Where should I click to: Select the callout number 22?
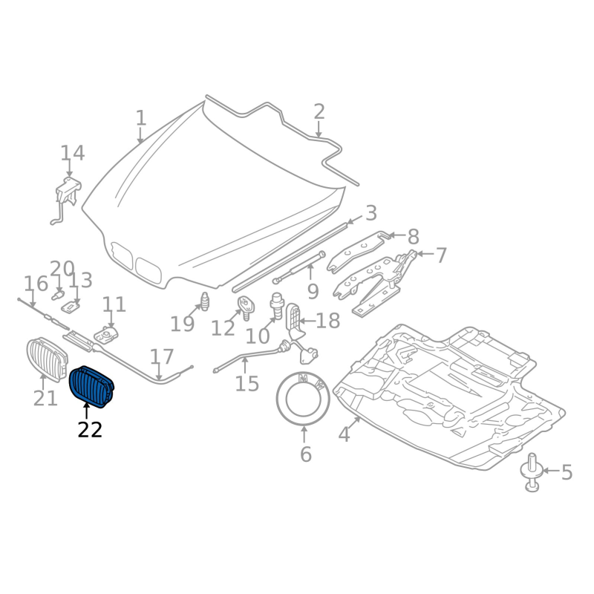coord(90,429)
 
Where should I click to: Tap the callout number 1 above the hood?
coord(141,118)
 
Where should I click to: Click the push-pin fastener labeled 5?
coord(532,475)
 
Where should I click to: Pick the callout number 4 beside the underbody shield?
coord(343,434)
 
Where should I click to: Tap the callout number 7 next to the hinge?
coord(441,256)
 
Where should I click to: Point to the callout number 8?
coord(413,237)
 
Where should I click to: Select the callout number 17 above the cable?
coord(162,356)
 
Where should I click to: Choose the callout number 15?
coord(247,384)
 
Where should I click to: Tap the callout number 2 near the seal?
coord(319,112)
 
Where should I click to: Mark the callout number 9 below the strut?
coord(313,292)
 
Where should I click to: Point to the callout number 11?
coord(114,304)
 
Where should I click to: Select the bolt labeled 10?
coord(277,304)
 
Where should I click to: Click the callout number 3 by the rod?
coord(371,213)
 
